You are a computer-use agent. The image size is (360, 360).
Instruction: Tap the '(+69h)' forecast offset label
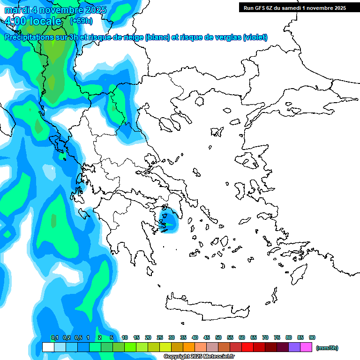[x=81, y=21]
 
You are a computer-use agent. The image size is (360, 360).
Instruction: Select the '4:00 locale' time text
[x=33, y=21]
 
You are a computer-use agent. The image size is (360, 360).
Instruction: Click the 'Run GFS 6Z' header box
[x=293, y=7]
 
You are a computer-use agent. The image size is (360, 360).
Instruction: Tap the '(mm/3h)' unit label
[x=327, y=348]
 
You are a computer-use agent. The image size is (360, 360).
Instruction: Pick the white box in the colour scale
[x=48, y=347]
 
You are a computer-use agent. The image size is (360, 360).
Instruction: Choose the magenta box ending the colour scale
[x=306, y=347]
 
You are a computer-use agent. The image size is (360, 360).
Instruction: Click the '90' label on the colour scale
[x=312, y=337]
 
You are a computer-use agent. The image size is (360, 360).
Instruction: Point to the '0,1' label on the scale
[x=54, y=337]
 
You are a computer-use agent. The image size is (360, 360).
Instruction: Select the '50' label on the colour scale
[x=218, y=337]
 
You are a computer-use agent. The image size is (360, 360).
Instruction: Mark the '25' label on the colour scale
[x=160, y=337]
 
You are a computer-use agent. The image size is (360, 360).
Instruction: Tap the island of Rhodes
[x=298, y=272]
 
